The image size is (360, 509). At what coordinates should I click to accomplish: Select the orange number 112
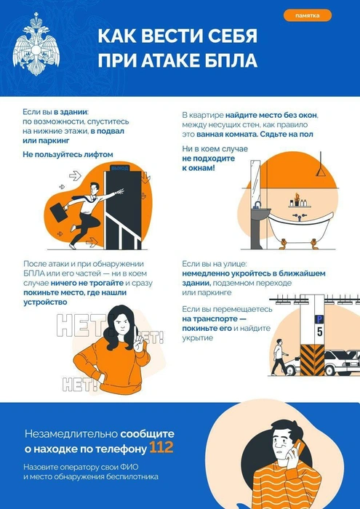161,446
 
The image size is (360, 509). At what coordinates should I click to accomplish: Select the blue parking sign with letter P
318,318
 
